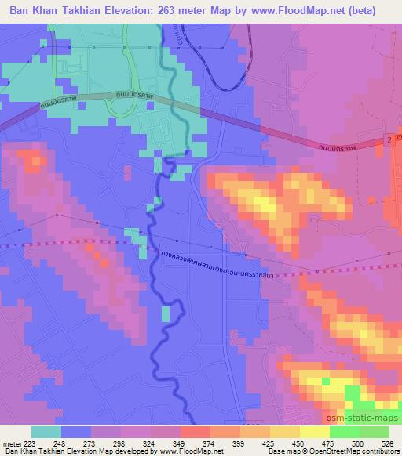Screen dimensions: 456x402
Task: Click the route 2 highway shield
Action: pyautogui.click(x=388, y=138)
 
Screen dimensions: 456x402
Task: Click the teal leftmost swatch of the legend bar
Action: pyautogui.click(x=46, y=432)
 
